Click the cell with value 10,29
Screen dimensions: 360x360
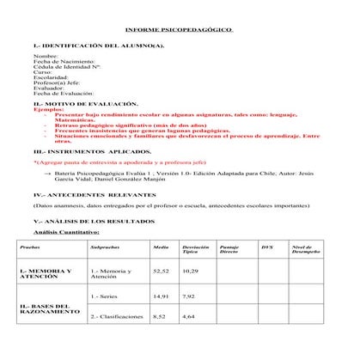point(190,271)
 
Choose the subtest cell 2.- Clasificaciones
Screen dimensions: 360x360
point(116,317)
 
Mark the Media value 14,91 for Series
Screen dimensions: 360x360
point(160,296)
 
